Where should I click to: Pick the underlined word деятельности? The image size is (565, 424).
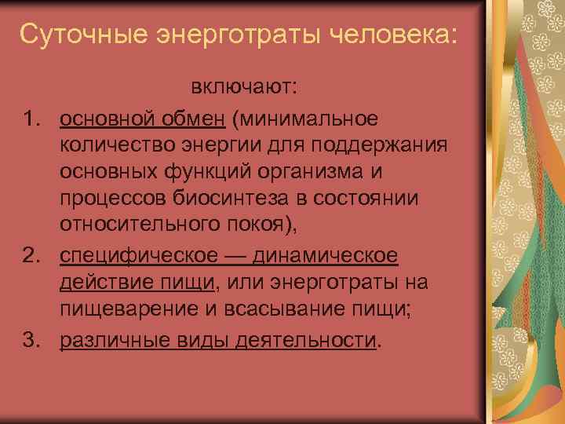305,340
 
